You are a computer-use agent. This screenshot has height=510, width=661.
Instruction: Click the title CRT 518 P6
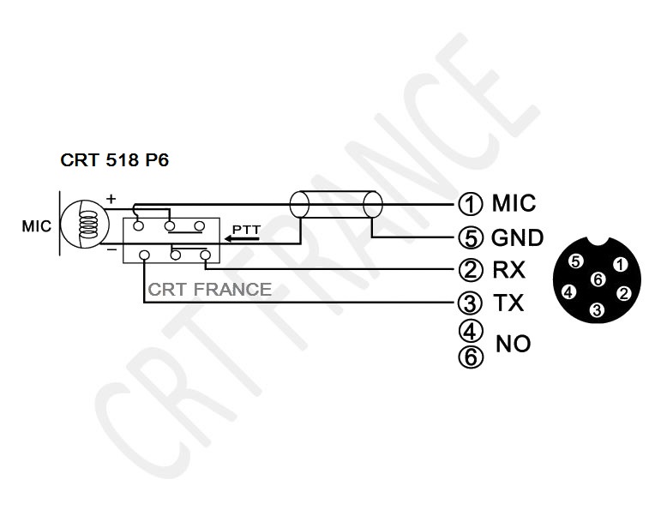(x=115, y=160)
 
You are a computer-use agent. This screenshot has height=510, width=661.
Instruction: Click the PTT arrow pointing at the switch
(x=242, y=239)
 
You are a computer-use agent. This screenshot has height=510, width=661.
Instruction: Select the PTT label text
(x=247, y=230)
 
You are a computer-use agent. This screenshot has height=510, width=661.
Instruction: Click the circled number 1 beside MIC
(x=470, y=204)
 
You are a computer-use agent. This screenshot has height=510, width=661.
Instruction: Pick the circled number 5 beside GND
(x=470, y=237)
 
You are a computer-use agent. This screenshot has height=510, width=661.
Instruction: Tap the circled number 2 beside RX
(x=470, y=270)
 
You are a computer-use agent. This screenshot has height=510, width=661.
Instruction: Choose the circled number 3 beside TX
(x=470, y=303)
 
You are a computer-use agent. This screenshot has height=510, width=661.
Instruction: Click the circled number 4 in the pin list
(x=471, y=332)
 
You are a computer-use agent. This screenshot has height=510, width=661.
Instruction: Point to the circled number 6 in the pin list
(x=471, y=357)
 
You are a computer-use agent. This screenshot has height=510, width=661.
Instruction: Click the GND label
(x=517, y=238)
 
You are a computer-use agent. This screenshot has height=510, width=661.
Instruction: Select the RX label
(x=508, y=270)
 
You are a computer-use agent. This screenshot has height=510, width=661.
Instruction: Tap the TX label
(x=508, y=303)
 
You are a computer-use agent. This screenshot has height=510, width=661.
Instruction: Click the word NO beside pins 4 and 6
(x=513, y=344)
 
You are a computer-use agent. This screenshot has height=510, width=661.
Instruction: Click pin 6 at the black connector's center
(x=598, y=279)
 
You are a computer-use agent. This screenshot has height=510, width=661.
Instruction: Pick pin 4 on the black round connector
(x=568, y=291)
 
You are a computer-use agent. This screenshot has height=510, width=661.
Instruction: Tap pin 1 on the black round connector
(x=620, y=265)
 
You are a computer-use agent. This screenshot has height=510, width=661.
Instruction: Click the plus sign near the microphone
(x=111, y=199)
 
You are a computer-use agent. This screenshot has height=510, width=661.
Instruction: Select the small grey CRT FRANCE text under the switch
(x=210, y=290)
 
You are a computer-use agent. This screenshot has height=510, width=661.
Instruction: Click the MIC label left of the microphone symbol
(x=36, y=226)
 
